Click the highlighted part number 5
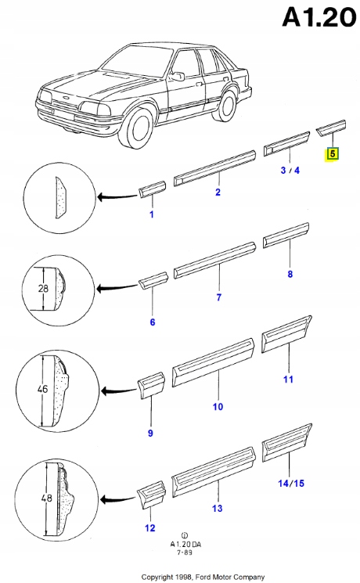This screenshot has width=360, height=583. click(x=333, y=153)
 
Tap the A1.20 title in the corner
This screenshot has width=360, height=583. click(x=319, y=17)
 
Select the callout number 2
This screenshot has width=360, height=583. click(x=218, y=193)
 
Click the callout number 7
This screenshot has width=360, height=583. click(x=218, y=297)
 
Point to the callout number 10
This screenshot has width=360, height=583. click(x=218, y=406)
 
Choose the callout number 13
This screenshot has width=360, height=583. click(x=218, y=508)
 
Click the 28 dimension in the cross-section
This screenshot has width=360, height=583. click(x=44, y=288)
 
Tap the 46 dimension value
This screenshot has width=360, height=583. click(x=43, y=389)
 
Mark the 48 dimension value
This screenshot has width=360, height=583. click(x=46, y=498)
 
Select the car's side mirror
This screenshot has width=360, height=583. click(x=178, y=76)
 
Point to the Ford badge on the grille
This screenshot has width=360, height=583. click(x=67, y=98)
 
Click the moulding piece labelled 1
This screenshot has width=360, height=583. click(x=152, y=189)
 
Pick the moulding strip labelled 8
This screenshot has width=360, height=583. click(x=286, y=235)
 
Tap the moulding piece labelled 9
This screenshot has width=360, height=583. click(x=151, y=386)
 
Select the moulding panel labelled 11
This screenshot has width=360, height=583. click(x=286, y=333)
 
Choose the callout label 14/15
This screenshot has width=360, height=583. click(x=291, y=483)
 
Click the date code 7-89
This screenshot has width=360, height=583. click(x=185, y=552)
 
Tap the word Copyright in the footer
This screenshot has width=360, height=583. click(x=157, y=577)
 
